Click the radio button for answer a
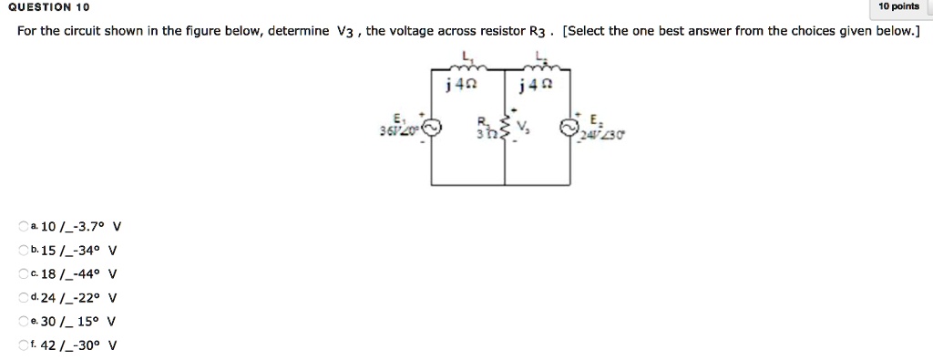[x=23, y=226]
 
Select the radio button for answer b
[x=23, y=250]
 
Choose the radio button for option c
[x=23, y=273]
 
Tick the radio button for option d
[x=23, y=297]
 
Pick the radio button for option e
[x=23, y=321]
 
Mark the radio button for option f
[x=23, y=345]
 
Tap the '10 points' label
[x=898, y=7]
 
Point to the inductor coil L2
[x=542, y=67]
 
